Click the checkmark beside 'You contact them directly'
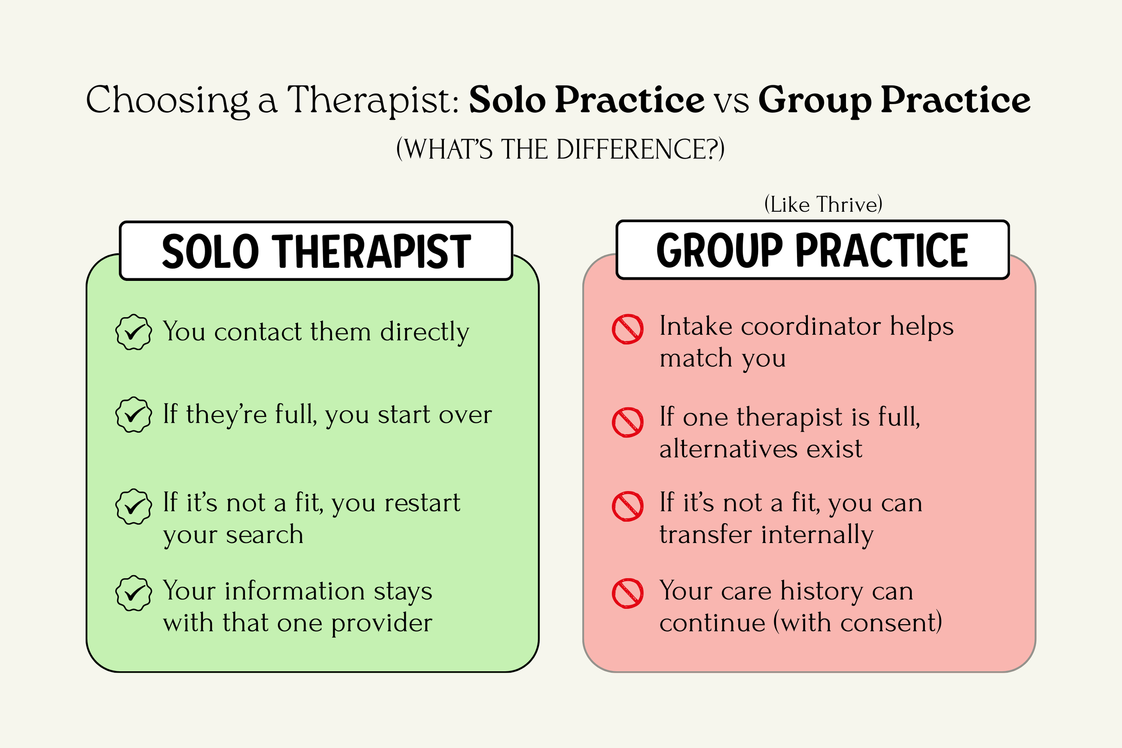(134, 332)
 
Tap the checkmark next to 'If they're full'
(134, 415)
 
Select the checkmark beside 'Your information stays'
(134, 593)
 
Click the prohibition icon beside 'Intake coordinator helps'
(628, 329)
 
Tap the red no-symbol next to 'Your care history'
(628, 594)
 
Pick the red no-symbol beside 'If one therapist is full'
(628, 422)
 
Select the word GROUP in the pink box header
(719, 250)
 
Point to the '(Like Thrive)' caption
(823, 205)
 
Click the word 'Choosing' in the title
(167, 100)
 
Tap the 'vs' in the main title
(731, 101)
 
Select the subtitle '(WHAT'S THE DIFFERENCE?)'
(561, 149)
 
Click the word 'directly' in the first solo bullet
(425, 332)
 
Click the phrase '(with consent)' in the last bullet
(857, 622)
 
